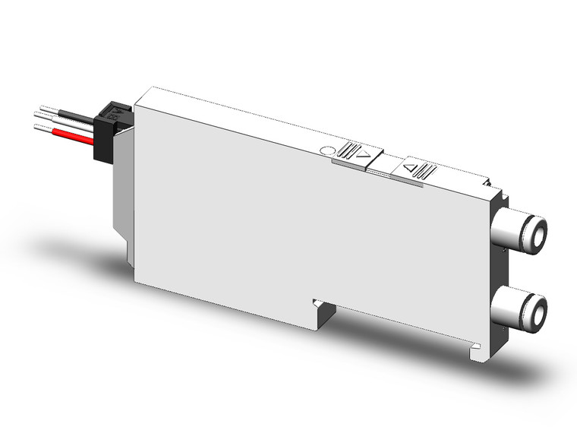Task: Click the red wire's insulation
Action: tap(72, 137)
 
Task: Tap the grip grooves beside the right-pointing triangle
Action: tap(351, 150)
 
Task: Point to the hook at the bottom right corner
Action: tap(476, 351)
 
